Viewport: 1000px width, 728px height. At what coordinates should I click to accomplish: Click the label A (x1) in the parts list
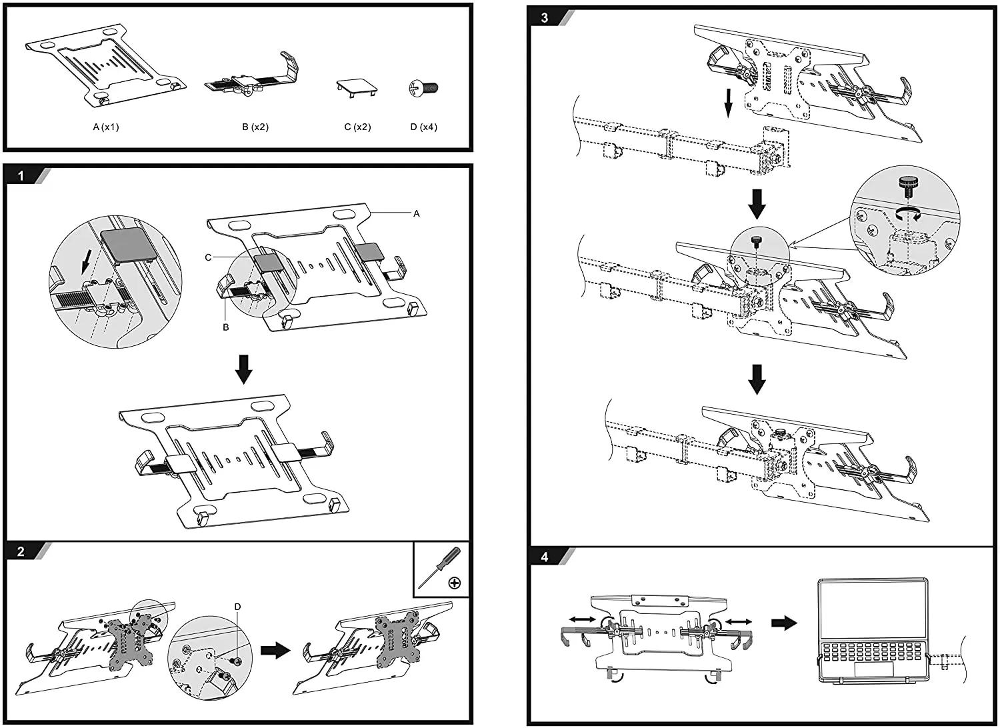[105, 127]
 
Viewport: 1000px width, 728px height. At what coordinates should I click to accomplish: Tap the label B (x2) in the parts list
[255, 127]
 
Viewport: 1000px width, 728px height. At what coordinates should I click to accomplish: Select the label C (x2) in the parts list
[357, 127]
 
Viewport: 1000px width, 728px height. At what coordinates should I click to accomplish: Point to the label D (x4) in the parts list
[423, 127]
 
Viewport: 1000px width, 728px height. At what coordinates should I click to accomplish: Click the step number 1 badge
[21, 176]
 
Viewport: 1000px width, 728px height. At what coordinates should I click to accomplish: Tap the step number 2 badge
[21, 551]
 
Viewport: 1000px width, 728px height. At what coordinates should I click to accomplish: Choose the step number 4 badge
[545, 557]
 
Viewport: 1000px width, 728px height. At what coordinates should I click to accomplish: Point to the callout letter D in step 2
[237, 607]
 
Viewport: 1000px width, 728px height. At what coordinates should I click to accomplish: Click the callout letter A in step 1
[417, 213]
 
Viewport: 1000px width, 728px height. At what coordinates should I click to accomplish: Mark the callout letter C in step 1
[209, 257]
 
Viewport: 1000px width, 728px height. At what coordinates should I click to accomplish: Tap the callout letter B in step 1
[226, 327]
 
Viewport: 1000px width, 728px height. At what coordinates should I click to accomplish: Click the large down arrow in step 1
[244, 369]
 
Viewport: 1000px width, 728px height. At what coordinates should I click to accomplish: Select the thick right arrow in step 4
[784, 623]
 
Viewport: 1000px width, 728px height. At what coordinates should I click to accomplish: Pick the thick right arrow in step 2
[275, 650]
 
